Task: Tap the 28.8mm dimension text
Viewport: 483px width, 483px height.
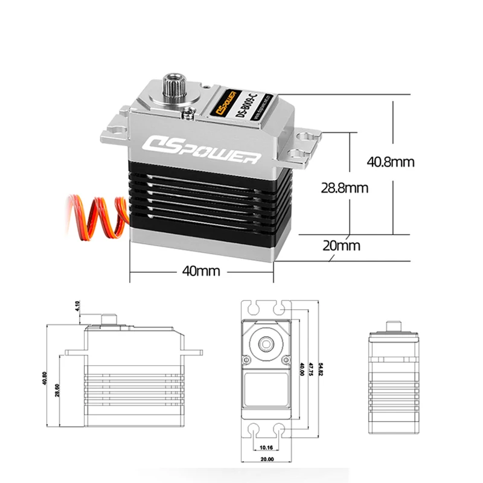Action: coord(344,188)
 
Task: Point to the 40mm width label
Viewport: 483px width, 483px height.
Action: coord(201,271)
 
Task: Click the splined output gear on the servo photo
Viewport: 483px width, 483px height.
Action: coord(173,84)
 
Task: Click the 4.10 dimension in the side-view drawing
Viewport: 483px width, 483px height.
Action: coord(78,306)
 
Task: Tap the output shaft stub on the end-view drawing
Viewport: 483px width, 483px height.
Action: coord(393,325)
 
